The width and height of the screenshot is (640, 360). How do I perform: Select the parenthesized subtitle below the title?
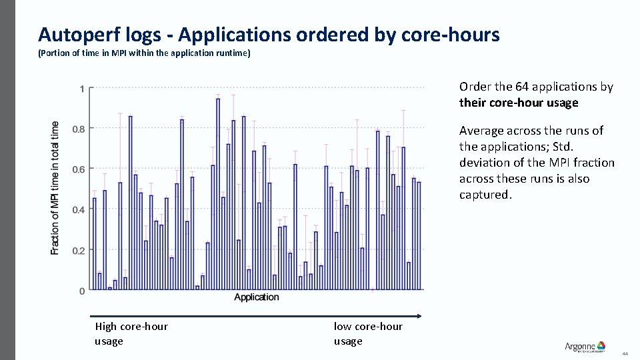[x=144, y=53]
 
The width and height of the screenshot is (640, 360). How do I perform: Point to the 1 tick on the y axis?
[x=82, y=88]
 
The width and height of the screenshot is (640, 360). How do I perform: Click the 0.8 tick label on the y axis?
[x=79, y=129]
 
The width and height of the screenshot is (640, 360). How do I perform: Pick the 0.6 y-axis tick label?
[x=79, y=169]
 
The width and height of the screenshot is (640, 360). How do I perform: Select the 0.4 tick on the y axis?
[x=79, y=209]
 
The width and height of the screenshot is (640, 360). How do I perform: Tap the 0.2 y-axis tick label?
[x=79, y=250]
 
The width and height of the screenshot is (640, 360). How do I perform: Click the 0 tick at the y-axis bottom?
[x=82, y=291]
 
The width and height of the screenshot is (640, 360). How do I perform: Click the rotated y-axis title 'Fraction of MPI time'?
[x=55, y=187]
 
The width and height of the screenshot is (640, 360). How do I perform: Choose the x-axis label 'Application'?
[x=257, y=297]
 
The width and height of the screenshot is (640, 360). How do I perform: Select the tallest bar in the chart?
[x=218, y=194]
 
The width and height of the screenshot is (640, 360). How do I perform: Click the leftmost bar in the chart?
[x=95, y=244]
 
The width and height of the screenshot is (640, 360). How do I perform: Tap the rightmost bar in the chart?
[x=419, y=236]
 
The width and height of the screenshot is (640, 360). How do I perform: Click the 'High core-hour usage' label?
[x=131, y=333]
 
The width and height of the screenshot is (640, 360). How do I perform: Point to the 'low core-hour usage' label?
[x=368, y=333]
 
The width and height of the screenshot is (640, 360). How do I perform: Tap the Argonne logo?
[x=585, y=346]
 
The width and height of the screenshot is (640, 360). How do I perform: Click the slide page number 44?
[x=625, y=353]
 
